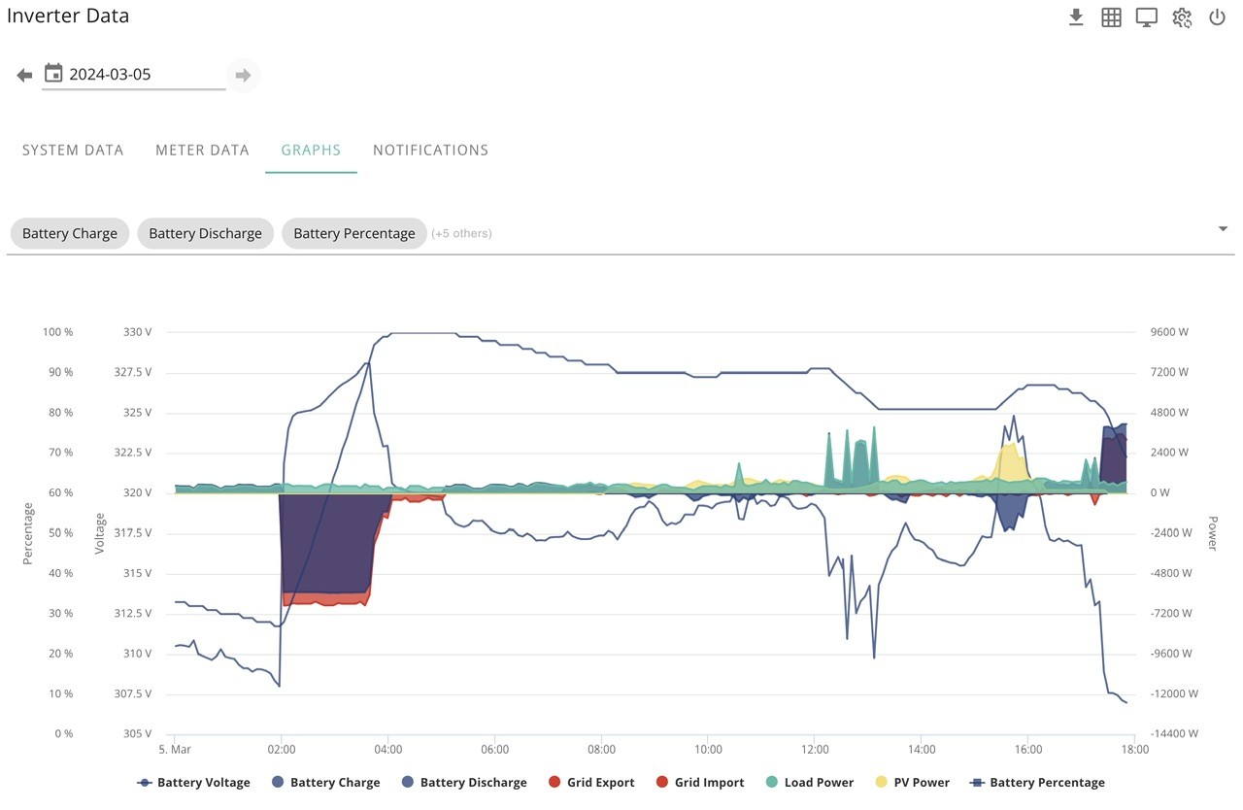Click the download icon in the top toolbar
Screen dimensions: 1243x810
click(1076, 17)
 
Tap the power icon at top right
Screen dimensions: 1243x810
click(1217, 17)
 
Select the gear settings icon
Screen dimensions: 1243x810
click(1182, 17)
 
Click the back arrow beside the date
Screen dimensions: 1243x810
click(24, 75)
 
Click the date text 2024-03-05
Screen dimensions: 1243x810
click(110, 75)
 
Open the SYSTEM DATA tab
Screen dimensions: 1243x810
click(73, 151)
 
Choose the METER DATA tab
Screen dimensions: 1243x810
click(203, 151)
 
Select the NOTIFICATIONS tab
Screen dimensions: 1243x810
click(430, 151)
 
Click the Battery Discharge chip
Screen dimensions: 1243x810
click(205, 233)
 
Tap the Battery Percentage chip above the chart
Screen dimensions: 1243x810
click(354, 233)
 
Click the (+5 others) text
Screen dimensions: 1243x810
click(461, 233)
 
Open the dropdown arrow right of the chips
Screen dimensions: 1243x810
click(1223, 228)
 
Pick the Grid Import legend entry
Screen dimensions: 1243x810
click(700, 782)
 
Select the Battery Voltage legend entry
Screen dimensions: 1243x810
click(193, 782)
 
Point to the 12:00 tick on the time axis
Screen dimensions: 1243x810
click(815, 750)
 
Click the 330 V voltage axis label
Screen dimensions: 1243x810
click(137, 332)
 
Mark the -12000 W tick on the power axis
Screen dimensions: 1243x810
click(1174, 693)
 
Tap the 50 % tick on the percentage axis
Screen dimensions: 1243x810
click(60, 532)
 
